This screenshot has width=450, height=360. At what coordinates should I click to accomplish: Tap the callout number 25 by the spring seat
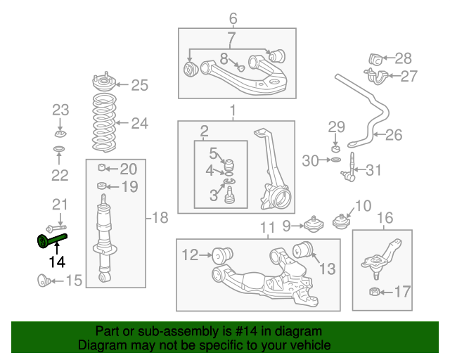pyautogui.click(x=139, y=85)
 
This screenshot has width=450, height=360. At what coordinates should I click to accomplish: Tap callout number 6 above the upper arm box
pyautogui.click(x=233, y=19)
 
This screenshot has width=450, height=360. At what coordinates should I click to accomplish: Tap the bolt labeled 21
pyautogui.click(x=56, y=228)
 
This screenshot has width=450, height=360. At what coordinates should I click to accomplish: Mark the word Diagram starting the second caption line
pyautogui.click(x=98, y=345)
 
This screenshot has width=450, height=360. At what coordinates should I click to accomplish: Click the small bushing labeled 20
pyautogui.click(x=103, y=168)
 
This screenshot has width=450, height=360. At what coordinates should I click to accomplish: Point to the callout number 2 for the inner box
pyautogui.click(x=205, y=131)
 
